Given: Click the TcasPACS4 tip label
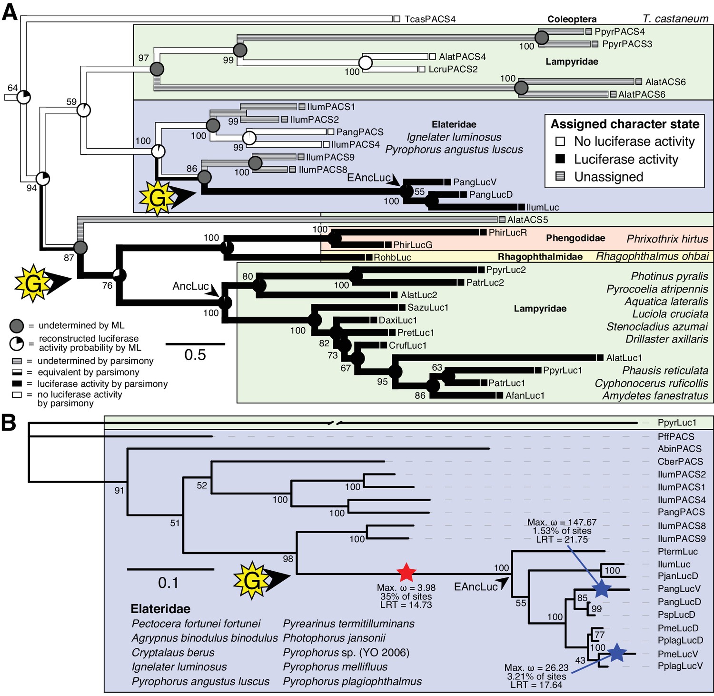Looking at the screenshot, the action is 430,19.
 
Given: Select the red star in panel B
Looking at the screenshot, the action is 406,572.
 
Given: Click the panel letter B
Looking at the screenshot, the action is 9,423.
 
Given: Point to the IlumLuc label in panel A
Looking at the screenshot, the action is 543,207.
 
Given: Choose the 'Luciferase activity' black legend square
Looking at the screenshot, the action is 560,159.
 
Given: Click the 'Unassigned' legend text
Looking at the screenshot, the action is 609,177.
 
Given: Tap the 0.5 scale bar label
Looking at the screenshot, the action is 195,355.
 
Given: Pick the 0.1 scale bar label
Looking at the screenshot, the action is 168,583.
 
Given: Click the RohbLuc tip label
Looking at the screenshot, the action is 392,257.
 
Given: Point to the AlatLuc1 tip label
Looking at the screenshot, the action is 624,358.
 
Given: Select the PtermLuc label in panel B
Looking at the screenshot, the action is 678,552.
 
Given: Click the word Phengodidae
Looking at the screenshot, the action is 575,238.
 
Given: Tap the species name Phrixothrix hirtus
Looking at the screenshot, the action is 667,239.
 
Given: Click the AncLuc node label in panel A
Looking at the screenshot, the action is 190,286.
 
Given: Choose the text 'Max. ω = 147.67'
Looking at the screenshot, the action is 562,522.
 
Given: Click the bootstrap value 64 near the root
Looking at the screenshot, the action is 12,88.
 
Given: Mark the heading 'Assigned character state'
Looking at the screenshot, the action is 625,124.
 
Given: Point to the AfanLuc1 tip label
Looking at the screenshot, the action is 525,395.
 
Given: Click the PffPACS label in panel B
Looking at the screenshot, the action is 676,436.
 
